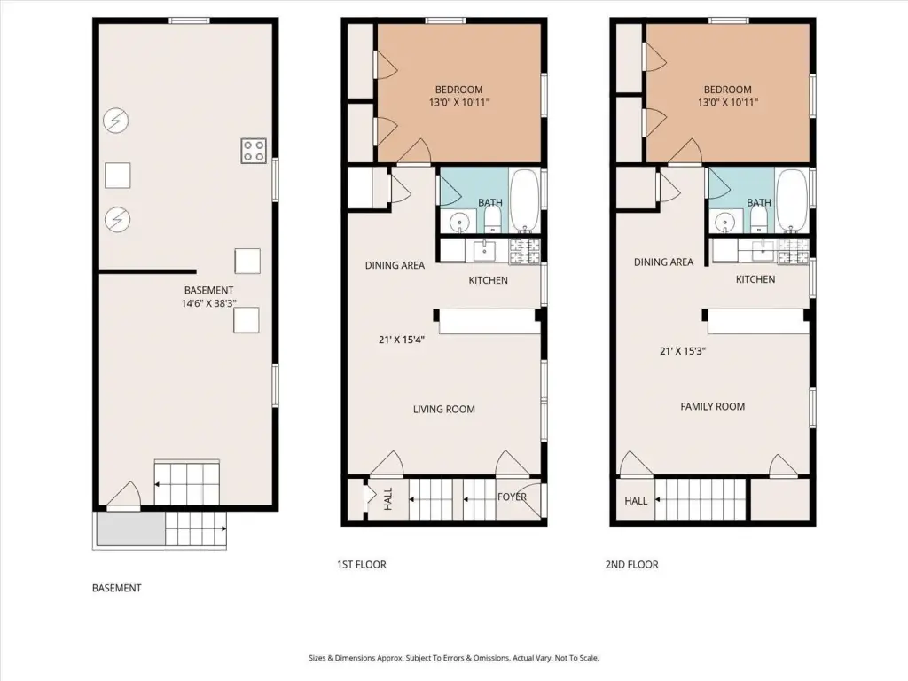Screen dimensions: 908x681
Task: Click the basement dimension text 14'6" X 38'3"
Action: coord(209,303)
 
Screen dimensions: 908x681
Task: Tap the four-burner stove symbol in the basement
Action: coord(254,151)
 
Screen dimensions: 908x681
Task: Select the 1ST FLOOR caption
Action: coord(362,565)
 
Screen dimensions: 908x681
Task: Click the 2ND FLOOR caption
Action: coord(631,565)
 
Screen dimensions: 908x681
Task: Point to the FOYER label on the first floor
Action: coord(512,497)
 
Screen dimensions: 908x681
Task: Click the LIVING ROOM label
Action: coord(444,410)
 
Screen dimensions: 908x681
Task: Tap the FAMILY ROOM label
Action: coord(713,406)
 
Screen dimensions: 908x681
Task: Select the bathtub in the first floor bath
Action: coord(525,200)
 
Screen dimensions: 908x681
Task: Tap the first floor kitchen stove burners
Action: coord(525,251)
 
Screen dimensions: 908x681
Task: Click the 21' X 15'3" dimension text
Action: coord(683,351)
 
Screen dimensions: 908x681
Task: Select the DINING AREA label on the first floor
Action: coord(395,265)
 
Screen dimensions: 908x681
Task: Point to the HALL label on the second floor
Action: coord(636,501)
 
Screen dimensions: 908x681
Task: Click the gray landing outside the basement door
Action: coord(131,528)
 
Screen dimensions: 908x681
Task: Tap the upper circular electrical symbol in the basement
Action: coord(116,121)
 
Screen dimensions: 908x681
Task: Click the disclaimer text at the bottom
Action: coord(454,658)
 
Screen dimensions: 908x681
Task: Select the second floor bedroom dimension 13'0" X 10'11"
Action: coord(728,103)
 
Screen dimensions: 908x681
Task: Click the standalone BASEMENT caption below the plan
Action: coord(117,589)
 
